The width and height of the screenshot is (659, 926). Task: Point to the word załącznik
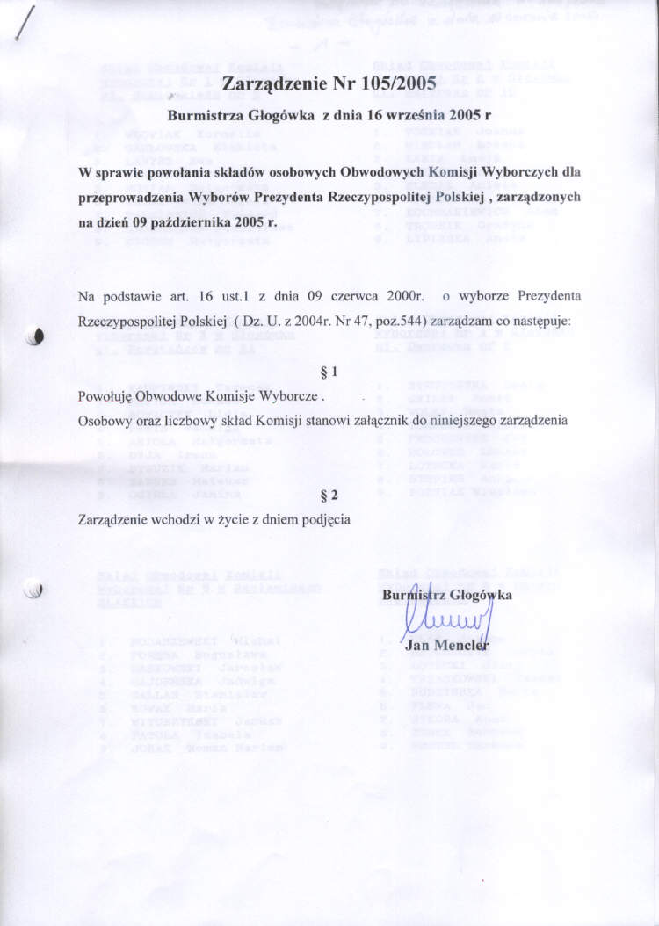pos(403,421)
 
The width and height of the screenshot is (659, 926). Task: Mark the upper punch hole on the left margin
pos(35,336)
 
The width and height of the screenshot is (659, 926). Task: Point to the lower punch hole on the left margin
pos(35,591)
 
